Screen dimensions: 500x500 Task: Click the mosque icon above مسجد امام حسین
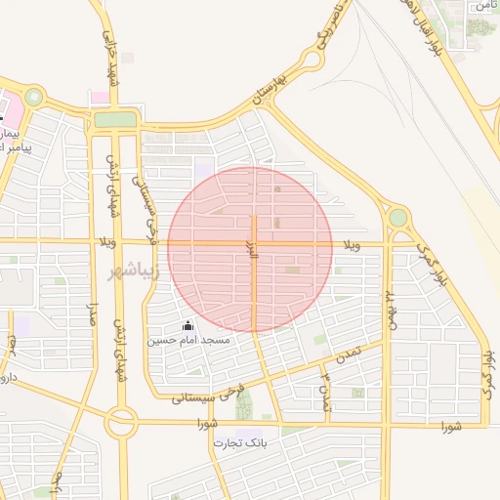[x=188, y=325]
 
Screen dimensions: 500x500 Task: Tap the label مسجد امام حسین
[x=188, y=340]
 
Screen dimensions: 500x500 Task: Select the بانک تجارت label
[x=239, y=442]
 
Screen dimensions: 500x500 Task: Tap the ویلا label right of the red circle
[x=351, y=245]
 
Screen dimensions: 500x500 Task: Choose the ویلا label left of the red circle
[x=108, y=240]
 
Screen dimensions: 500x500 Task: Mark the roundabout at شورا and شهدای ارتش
[x=122, y=423]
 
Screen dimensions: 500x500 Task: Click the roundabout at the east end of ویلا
[x=397, y=217]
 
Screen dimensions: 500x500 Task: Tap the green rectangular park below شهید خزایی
[x=116, y=119]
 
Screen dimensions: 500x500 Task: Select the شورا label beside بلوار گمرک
[x=450, y=426]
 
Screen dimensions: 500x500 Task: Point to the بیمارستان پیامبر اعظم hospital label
[x=14, y=138]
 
